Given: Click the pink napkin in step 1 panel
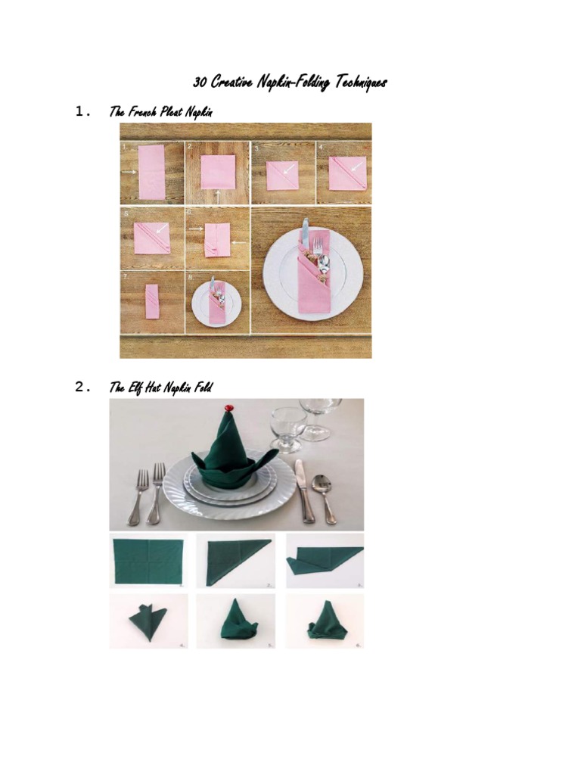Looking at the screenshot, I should [x=151, y=173].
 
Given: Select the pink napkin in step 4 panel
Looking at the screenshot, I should [x=347, y=173].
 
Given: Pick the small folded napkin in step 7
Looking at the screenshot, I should [x=152, y=301].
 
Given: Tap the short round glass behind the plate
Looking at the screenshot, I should [x=288, y=427].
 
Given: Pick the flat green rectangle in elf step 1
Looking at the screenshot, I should [x=148, y=561].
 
